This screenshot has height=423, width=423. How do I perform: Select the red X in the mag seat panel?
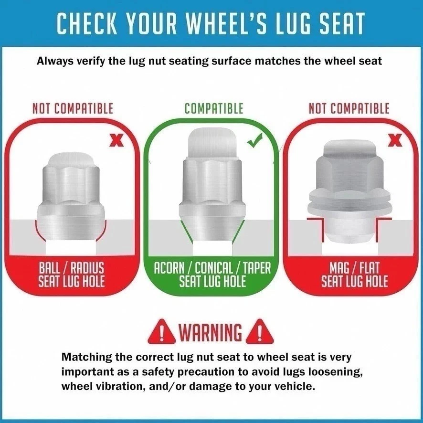395,141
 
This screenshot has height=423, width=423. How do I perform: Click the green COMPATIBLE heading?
214,108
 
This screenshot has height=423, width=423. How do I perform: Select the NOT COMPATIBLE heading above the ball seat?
73,108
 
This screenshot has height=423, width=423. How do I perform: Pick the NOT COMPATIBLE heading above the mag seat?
349,108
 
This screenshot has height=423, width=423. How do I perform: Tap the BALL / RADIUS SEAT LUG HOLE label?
72,274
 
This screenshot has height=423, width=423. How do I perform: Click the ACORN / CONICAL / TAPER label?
212,267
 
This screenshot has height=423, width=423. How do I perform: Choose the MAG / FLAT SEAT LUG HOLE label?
354,274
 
